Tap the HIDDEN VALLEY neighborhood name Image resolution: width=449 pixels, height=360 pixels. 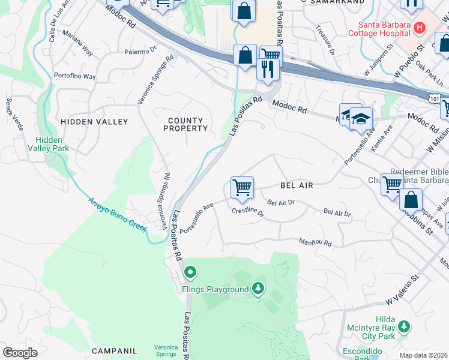(94, 122)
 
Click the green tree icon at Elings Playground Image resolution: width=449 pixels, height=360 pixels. (258, 289)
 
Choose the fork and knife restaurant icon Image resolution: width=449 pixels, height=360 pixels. (266, 70)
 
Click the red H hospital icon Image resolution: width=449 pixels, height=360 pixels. (419, 28)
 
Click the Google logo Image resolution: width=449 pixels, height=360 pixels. (20, 352)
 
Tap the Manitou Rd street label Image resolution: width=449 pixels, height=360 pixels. (315, 242)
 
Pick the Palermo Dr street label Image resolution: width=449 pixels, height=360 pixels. (140, 52)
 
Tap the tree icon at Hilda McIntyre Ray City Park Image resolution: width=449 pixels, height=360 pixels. (405, 326)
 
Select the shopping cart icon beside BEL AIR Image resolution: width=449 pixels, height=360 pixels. (242, 187)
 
